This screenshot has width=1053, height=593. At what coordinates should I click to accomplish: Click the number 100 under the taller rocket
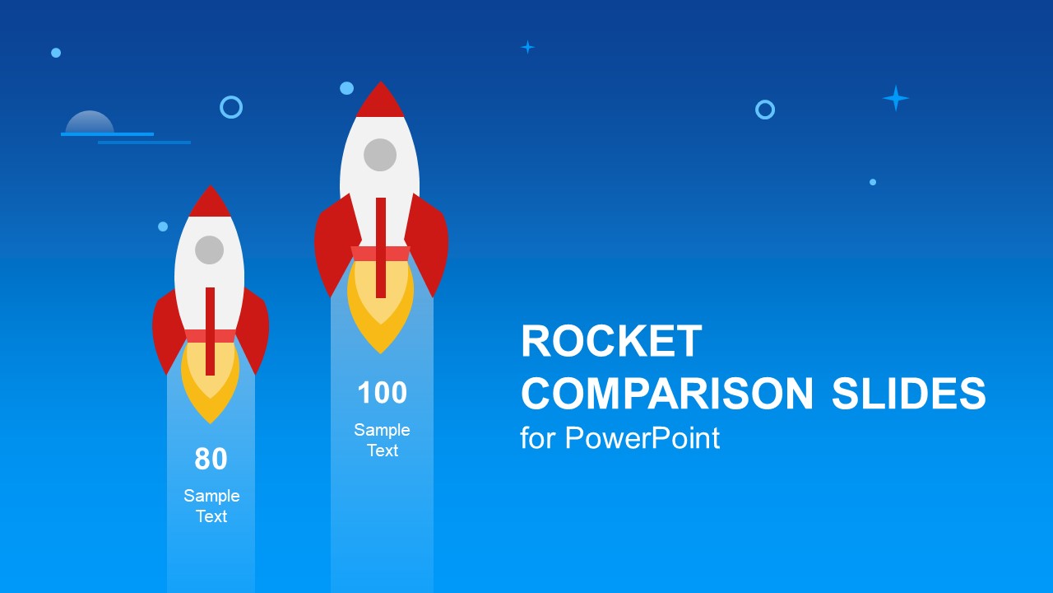coord(382,394)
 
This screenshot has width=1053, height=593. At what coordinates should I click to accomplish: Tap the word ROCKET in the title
coord(611,342)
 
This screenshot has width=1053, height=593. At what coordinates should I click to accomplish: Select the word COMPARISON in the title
coord(667,394)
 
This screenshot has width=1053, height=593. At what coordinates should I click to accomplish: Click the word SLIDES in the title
coord(908,394)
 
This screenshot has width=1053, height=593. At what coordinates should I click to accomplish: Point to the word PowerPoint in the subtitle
coord(642,438)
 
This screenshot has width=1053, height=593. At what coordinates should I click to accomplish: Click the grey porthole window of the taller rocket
coord(380,155)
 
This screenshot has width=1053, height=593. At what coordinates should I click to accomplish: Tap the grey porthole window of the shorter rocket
coord(210,250)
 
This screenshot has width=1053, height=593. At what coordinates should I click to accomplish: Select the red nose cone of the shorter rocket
coord(210,203)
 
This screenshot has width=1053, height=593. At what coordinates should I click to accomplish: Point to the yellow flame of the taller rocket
coord(380,321)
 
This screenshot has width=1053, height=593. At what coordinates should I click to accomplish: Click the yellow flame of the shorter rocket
coord(210,395)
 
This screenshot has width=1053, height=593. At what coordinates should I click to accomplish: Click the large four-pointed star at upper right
coord(895,98)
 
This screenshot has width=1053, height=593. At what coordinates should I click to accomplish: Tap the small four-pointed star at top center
coord(527,47)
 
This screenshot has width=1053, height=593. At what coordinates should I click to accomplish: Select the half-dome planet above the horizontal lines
coord(90,122)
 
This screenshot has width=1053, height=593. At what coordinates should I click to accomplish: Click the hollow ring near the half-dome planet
coord(231,107)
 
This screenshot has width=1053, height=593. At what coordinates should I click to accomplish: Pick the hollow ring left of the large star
coord(765,110)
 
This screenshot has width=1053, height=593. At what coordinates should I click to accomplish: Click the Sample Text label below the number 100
coord(382,440)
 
